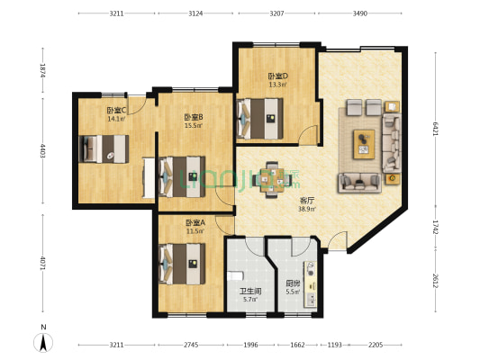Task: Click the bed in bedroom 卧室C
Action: pyautogui.click(x=104, y=148)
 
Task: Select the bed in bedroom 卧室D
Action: pyautogui.click(x=261, y=115)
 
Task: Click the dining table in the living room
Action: pyautogui.click(x=270, y=177)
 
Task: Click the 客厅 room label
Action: pyautogui.click(x=307, y=200)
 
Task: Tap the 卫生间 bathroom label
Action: pyautogui.click(x=249, y=292)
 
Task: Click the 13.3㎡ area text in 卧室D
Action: pyautogui.click(x=277, y=85)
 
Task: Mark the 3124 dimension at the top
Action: pyautogui.click(x=195, y=13)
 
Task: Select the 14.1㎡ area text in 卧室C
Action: pyautogui.click(x=116, y=118)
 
